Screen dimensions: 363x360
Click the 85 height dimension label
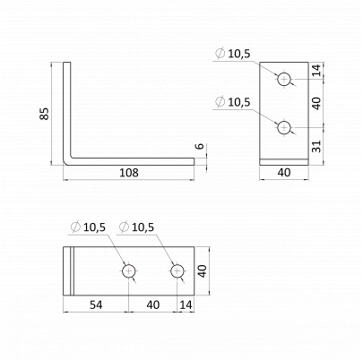coord(44,114)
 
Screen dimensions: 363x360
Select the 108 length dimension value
coord(129,173)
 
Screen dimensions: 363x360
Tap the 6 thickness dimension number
coord(201,146)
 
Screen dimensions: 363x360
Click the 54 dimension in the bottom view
coord(96,304)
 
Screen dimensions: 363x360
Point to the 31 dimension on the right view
coord(317,146)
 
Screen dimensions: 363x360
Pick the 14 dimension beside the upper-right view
coord(317,70)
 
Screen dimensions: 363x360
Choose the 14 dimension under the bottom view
coord(186,304)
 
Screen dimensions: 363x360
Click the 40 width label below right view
coord(284,173)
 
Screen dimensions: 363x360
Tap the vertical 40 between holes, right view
coord(317,103)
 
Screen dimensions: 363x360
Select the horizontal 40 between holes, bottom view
coord(153,304)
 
